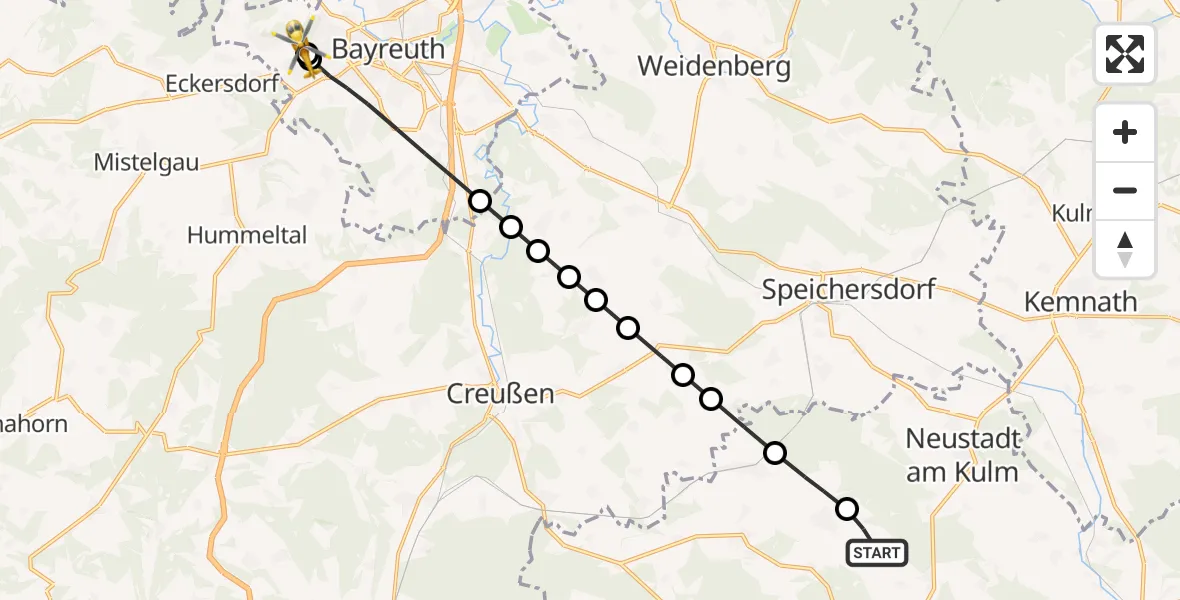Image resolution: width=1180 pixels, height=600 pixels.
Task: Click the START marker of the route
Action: [877, 552]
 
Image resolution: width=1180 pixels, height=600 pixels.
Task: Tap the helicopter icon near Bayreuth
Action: [297, 45]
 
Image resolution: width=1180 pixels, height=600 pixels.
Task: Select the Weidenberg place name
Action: [714, 67]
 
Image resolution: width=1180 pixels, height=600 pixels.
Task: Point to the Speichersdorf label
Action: [848, 290]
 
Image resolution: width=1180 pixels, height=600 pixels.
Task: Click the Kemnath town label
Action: [1080, 302]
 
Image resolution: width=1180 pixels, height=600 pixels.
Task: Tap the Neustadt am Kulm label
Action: [962, 455]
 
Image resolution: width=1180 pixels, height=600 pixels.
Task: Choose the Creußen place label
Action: [500, 394]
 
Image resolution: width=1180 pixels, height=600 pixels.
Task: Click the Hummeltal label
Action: [247, 236]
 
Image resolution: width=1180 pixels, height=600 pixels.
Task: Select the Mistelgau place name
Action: [146, 162]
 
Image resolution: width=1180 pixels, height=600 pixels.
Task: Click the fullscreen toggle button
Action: [1125, 54]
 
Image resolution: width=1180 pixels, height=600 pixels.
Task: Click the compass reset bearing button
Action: [1125, 249]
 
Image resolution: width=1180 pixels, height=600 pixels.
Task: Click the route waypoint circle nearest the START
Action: [847, 509]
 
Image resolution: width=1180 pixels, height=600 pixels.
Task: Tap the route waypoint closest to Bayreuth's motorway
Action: [480, 201]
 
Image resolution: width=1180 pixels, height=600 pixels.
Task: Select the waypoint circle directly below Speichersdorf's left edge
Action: [775, 453]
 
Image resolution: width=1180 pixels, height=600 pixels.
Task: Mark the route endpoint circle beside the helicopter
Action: [310, 58]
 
